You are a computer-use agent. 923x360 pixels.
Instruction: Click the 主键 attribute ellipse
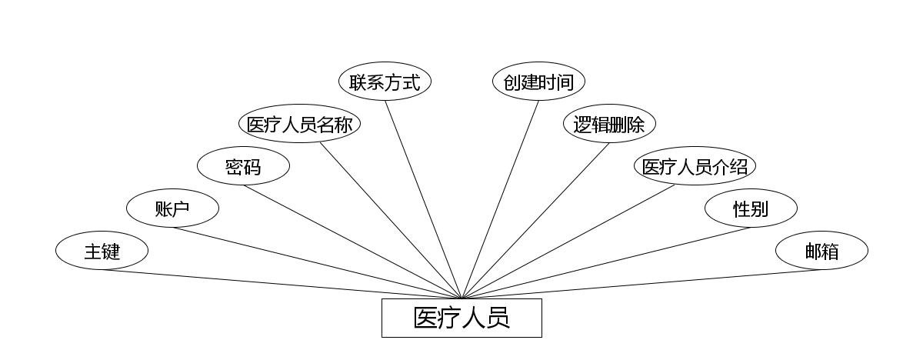point(102,251)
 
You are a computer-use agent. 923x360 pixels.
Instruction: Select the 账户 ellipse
point(172,208)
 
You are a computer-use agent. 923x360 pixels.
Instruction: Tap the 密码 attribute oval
point(243,166)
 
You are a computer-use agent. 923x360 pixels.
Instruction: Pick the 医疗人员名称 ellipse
point(300,125)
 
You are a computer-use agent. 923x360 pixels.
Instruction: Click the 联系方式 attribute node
point(385,82)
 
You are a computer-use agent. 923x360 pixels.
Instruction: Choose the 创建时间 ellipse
point(538,82)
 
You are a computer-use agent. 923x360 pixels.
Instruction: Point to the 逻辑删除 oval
point(609,125)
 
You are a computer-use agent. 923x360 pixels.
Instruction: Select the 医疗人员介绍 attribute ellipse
point(695,166)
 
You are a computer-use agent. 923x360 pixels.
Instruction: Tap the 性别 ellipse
point(751,208)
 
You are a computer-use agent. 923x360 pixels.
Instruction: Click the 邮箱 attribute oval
point(821,251)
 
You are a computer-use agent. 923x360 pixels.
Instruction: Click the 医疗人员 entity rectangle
point(461,318)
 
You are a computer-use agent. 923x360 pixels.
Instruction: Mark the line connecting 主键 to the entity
point(282,284)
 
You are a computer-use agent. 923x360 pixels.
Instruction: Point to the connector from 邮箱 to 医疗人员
point(641,284)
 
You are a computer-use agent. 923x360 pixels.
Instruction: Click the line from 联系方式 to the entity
point(423,200)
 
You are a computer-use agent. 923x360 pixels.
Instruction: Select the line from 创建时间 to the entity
point(500,200)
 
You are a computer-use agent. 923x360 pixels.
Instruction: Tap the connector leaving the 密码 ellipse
point(352,242)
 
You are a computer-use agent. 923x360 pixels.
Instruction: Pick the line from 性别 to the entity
point(606,263)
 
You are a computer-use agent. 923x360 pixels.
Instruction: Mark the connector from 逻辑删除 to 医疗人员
point(535,221)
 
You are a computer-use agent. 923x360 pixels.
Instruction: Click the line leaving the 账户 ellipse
point(317,263)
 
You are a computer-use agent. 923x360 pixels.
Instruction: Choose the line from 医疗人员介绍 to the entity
point(569,242)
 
